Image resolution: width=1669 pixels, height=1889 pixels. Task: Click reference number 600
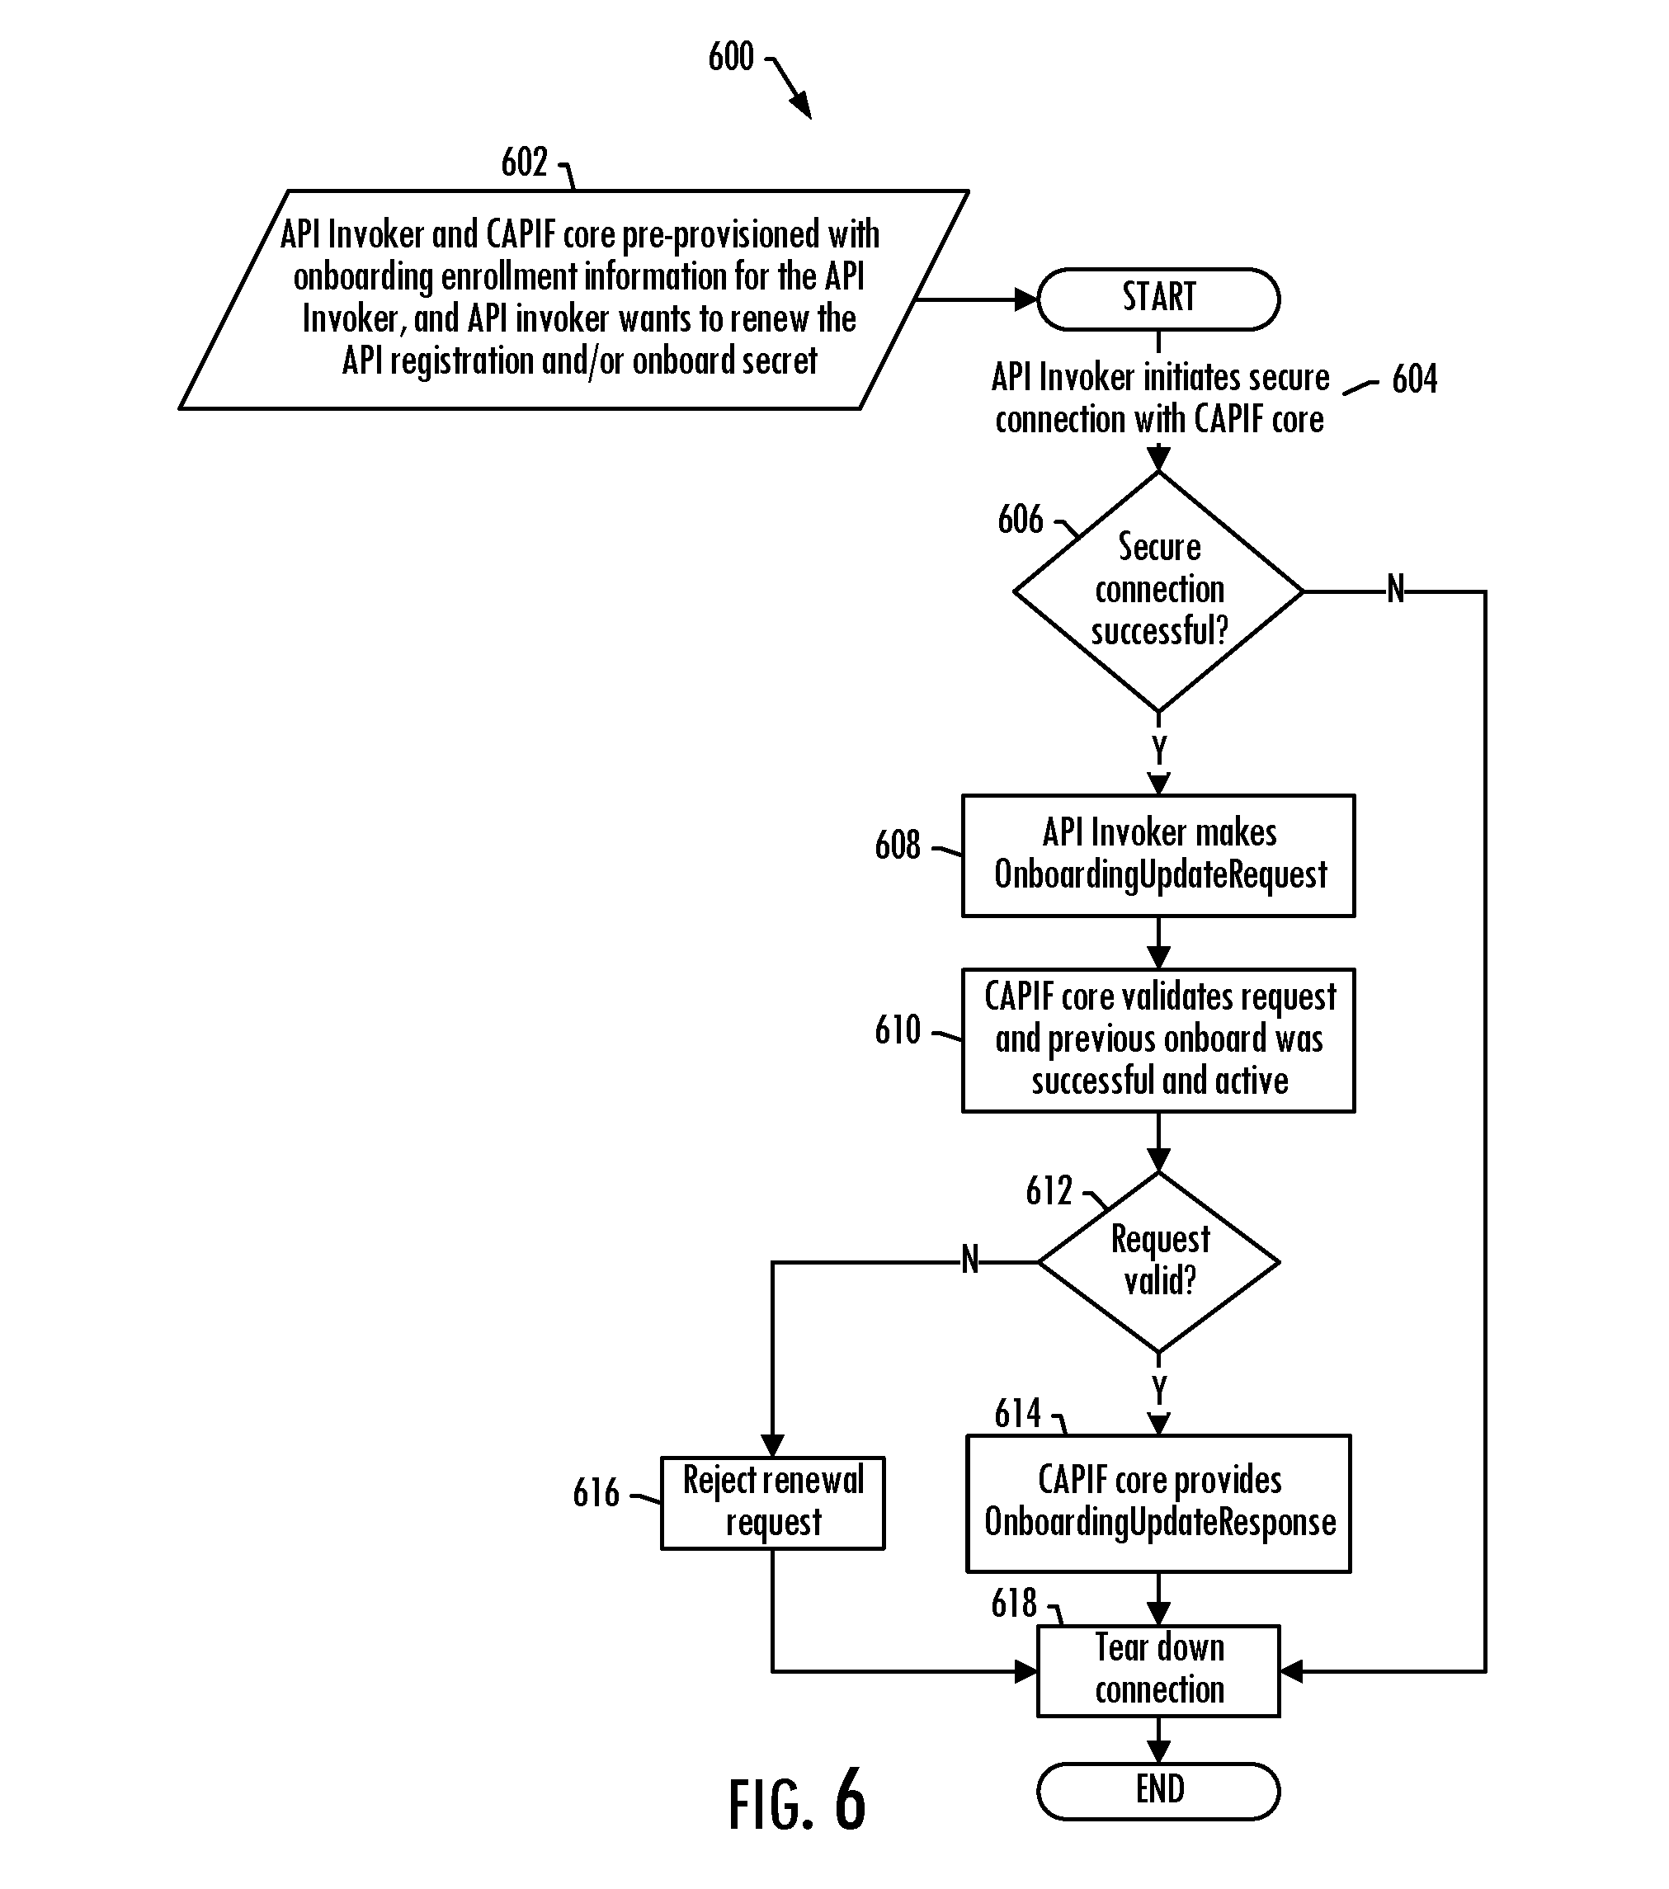click(x=731, y=57)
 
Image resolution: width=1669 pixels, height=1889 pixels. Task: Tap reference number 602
click(x=524, y=163)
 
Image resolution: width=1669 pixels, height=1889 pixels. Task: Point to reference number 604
click(x=1415, y=379)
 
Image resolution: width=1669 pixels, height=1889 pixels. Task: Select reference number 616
click(x=596, y=1492)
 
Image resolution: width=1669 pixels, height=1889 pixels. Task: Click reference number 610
click(x=898, y=1029)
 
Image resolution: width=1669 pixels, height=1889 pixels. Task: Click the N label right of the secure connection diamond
click(x=1395, y=589)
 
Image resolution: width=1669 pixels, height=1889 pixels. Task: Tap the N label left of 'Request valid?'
click(x=969, y=1259)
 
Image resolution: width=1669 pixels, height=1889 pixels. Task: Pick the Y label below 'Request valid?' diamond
click(x=1159, y=1390)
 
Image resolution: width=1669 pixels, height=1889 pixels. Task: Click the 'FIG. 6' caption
click(x=797, y=1802)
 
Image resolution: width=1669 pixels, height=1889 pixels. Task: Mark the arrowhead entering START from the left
click(x=1025, y=299)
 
